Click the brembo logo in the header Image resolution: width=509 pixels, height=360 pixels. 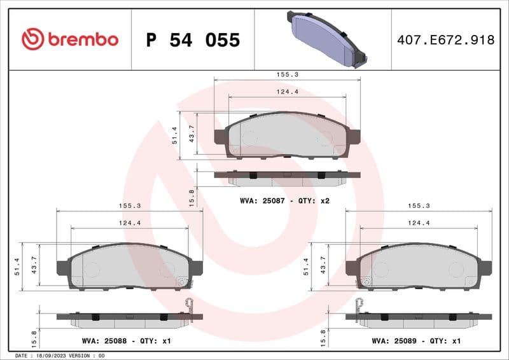[70, 39]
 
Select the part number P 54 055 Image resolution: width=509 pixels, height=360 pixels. [193, 40]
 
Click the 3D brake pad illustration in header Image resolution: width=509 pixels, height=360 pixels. [325, 39]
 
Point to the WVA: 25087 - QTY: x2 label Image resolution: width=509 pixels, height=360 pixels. [284, 200]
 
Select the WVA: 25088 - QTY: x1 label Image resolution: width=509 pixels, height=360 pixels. [127, 341]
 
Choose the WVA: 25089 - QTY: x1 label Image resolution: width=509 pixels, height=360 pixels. [415, 341]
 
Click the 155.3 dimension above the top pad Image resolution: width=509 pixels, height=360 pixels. [288, 74]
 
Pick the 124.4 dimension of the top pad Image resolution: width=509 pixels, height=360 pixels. [288, 92]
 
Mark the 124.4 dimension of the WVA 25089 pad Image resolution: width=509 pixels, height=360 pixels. [419, 223]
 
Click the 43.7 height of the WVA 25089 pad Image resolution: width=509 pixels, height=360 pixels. [323, 266]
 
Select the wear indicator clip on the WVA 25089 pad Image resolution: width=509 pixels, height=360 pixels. [360, 306]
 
